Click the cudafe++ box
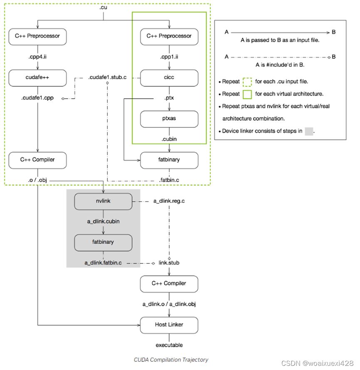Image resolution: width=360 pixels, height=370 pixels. point(37,77)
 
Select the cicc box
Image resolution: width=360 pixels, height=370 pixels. point(169,77)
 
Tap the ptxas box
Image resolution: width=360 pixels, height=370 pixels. point(169,119)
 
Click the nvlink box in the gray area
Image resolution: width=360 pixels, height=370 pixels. point(103,201)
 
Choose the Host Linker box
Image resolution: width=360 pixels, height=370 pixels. point(169,325)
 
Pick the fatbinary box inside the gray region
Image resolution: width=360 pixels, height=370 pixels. point(103,242)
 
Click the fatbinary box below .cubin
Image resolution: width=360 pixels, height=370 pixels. point(169,160)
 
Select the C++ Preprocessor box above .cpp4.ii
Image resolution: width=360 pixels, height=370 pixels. point(37,36)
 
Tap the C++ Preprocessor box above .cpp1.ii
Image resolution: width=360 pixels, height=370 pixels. point(169,36)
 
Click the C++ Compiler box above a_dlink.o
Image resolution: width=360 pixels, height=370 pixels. point(169,283)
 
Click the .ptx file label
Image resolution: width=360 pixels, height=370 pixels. point(169,99)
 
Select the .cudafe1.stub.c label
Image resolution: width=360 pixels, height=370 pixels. point(107,77)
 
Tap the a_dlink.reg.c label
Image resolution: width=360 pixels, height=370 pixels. point(169,201)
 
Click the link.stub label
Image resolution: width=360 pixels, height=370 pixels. point(169,263)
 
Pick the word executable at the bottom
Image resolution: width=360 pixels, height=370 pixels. point(169,345)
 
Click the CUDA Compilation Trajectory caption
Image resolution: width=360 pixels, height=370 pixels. point(171,360)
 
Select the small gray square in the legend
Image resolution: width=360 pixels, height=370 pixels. point(309,131)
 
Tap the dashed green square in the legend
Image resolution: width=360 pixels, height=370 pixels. point(248,82)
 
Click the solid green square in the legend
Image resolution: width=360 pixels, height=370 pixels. point(248,94)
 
